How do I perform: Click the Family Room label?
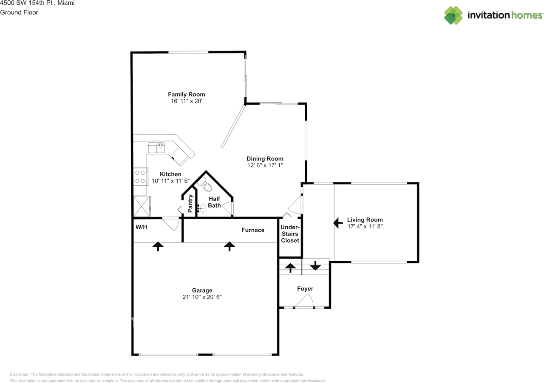pos(186,94)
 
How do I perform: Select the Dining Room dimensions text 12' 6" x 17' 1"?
pos(265,165)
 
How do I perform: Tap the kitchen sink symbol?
pos(157,148)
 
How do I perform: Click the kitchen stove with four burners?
pos(141,176)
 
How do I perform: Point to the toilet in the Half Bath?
pos(206,187)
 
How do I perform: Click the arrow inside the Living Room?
pos(338,222)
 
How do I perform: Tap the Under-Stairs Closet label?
pos(290,234)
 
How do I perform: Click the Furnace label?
pos(253,230)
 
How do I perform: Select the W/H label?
pos(142,227)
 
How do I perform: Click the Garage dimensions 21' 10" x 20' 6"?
pos(202,297)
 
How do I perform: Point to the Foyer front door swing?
pos(304,301)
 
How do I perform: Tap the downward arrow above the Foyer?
pos(315,266)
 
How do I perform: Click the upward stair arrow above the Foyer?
pos(290,268)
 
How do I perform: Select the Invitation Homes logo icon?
pos(453,15)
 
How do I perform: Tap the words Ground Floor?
pos(19,12)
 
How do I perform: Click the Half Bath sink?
pos(203,208)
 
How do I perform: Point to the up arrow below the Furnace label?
pos(229,246)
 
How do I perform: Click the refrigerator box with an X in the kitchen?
pos(142,206)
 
